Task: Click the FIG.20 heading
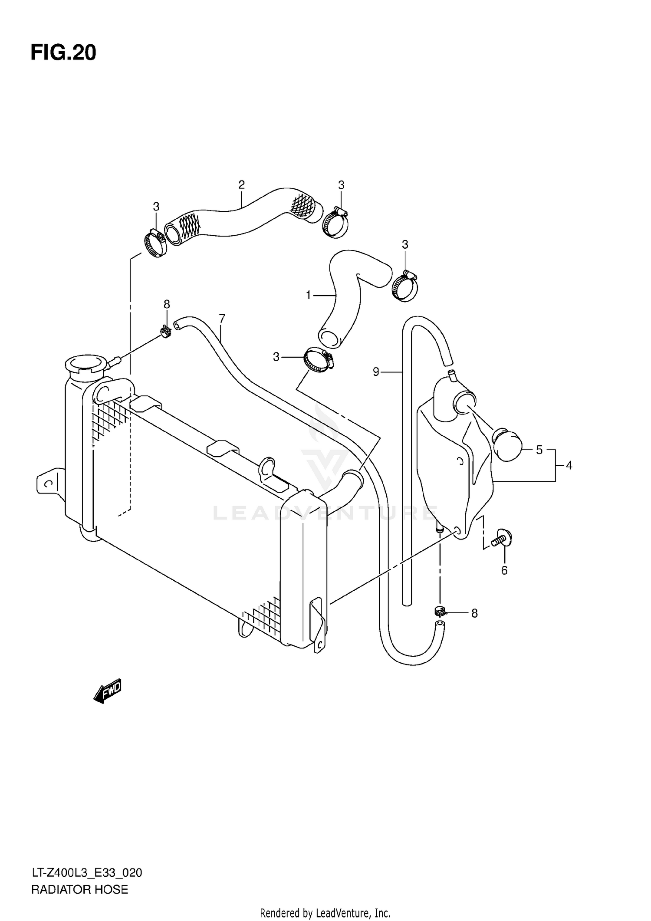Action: point(63,53)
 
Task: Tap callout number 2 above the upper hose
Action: point(242,185)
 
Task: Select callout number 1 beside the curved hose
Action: point(309,296)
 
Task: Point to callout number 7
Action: point(222,319)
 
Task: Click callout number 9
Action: point(376,372)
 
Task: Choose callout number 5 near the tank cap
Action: point(539,450)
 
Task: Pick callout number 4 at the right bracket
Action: point(569,466)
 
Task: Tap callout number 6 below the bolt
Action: point(504,570)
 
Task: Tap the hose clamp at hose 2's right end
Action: point(335,222)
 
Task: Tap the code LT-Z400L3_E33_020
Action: point(86,869)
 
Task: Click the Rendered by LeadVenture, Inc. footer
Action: point(325,911)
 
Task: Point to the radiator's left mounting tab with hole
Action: point(49,482)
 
